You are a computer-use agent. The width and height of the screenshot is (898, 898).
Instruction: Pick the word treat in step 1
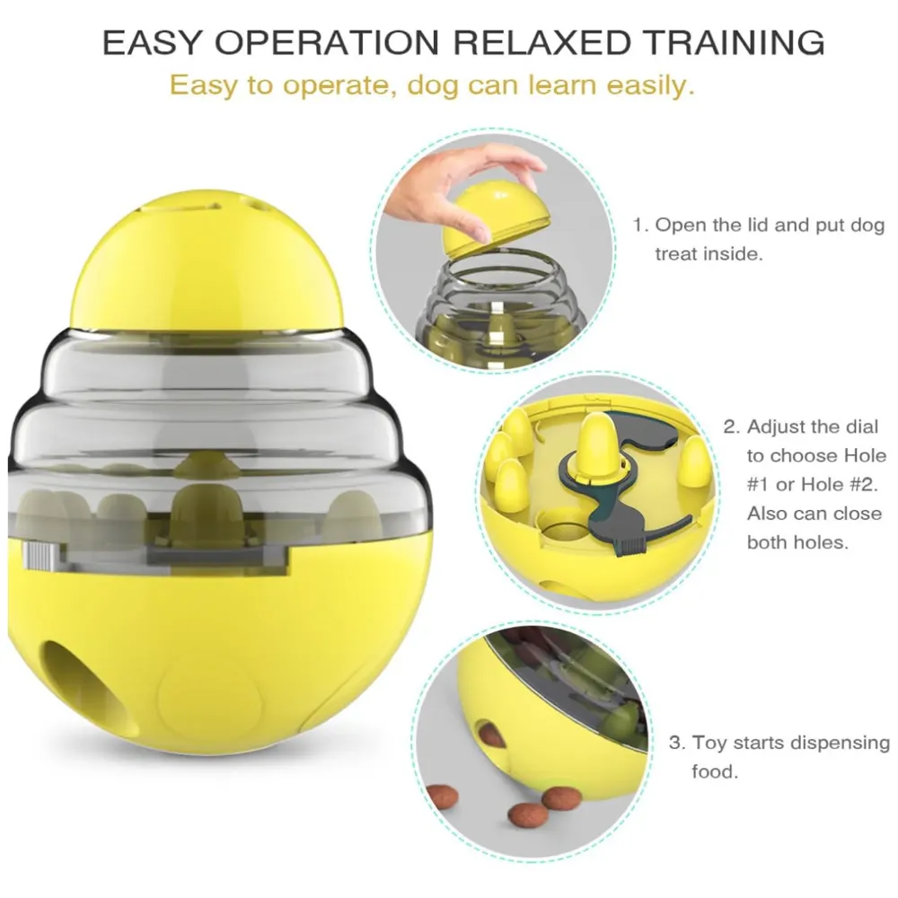click(x=675, y=254)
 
